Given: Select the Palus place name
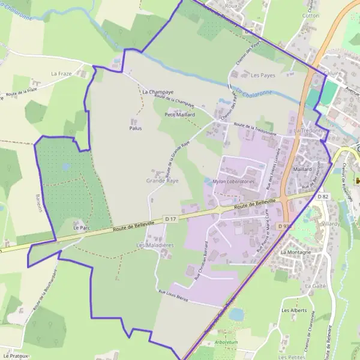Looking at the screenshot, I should [x=136, y=128].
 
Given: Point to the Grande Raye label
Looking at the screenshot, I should [x=163, y=181].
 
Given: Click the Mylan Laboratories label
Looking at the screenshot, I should [x=234, y=181].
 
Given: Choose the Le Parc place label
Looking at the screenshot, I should [x=80, y=229].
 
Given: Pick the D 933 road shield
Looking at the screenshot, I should [x=284, y=226].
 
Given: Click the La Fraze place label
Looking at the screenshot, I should [x=61, y=74].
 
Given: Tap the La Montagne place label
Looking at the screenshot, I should [x=295, y=253].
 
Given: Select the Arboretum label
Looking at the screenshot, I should [x=226, y=342].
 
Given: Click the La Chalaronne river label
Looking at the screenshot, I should [x=254, y=93].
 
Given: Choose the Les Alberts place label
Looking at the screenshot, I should [x=294, y=310].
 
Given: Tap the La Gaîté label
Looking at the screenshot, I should [x=315, y=287].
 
